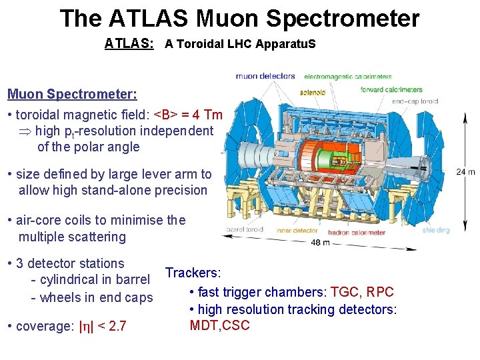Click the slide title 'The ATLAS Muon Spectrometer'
coord(239,18)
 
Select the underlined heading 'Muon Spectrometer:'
coord(72,94)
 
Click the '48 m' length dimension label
coord(321,243)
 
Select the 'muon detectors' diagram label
coord(265,76)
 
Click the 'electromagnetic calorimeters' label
coord(349,77)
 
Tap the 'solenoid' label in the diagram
coord(312,92)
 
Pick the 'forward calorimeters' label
coord(391,89)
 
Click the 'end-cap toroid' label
coord(415,101)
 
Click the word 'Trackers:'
coord(193,273)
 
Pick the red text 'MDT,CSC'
coord(219,325)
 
